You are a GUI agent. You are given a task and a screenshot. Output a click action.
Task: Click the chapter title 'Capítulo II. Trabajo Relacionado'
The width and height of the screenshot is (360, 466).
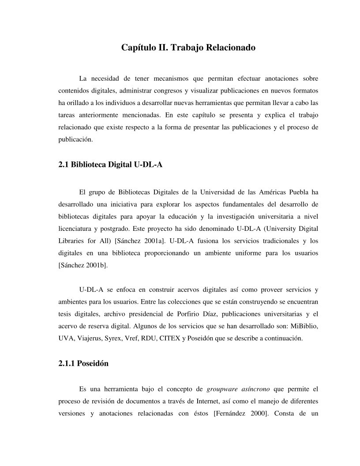(x=188, y=47)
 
